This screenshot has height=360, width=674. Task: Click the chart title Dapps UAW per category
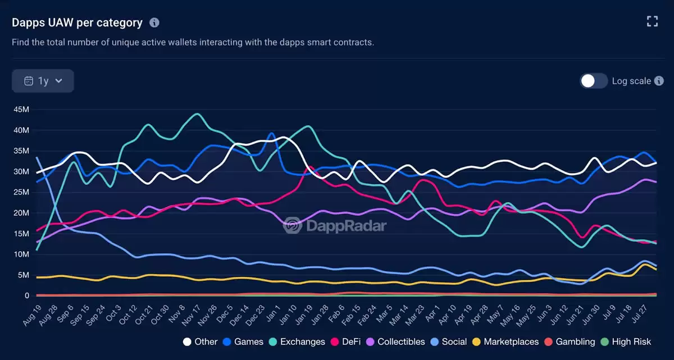coord(78,22)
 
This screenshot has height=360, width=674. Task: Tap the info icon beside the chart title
coord(154,22)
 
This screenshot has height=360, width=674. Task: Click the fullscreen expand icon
coord(652,22)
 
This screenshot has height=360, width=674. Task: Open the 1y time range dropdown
coord(43,81)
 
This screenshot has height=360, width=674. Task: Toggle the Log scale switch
coord(594,81)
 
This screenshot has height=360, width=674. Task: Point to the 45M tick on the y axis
coord(21,110)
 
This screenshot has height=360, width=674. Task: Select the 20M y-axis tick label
coord(21,213)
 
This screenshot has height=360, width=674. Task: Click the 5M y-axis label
coord(23,275)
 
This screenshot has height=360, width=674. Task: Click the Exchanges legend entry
coord(297,341)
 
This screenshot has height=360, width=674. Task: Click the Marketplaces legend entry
coord(505,341)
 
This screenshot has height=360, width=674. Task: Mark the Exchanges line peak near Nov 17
coord(197,114)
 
